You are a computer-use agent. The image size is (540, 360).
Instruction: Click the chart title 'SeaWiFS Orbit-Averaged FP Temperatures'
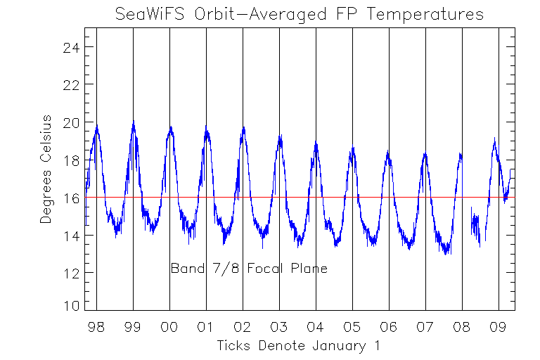tap(300, 14)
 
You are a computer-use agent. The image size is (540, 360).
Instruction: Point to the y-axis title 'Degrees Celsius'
tap(46, 169)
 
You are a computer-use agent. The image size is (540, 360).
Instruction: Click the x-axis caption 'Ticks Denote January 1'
tap(300, 345)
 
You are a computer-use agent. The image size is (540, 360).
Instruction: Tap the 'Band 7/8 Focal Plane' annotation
tap(249, 269)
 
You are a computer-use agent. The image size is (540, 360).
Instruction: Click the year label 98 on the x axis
tap(96, 327)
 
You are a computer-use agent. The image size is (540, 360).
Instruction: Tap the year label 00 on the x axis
tap(169, 327)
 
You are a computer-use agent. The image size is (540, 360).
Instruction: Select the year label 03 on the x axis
tap(279, 327)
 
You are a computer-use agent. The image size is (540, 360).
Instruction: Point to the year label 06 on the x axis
tap(389, 327)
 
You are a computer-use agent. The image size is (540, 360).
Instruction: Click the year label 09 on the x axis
tap(499, 327)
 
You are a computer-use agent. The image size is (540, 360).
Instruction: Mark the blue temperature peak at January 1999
tap(133, 122)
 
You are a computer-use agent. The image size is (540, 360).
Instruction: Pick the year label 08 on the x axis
tap(462, 327)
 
